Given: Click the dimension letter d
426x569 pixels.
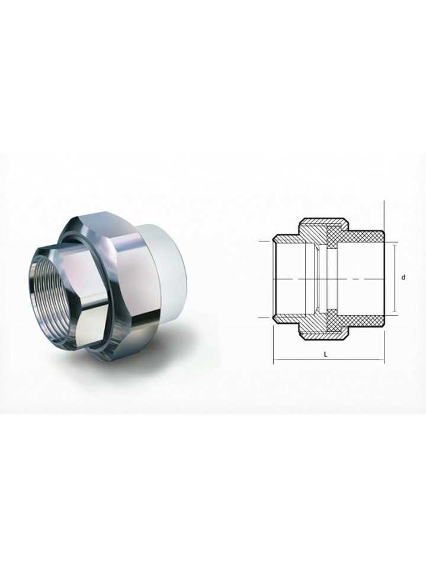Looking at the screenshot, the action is [x=403, y=278].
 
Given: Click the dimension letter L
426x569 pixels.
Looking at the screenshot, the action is [x=326, y=355].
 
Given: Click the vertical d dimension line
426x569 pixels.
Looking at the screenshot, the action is [x=395, y=278].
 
